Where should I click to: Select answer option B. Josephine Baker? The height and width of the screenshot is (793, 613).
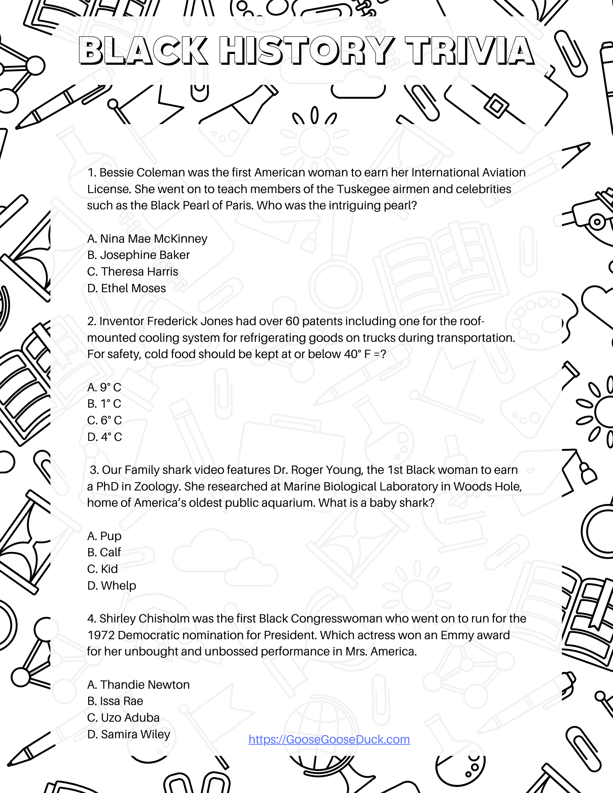coord(138,255)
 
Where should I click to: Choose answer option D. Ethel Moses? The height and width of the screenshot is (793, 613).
coord(126,288)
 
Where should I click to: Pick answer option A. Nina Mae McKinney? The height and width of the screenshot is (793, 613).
coord(147,239)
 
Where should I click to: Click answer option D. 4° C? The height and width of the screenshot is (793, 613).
coord(104,437)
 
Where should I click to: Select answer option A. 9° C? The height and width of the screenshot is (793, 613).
coord(104,387)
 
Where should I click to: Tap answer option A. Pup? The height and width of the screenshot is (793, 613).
coord(104,536)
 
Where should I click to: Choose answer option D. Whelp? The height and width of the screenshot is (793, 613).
coord(111,586)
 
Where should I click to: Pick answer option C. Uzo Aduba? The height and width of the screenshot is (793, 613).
coord(123,718)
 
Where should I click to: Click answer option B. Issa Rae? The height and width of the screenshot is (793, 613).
coord(115,701)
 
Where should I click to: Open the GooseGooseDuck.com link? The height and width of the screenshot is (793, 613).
coord(329,739)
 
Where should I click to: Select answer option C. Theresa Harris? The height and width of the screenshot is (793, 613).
coord(133,272)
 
